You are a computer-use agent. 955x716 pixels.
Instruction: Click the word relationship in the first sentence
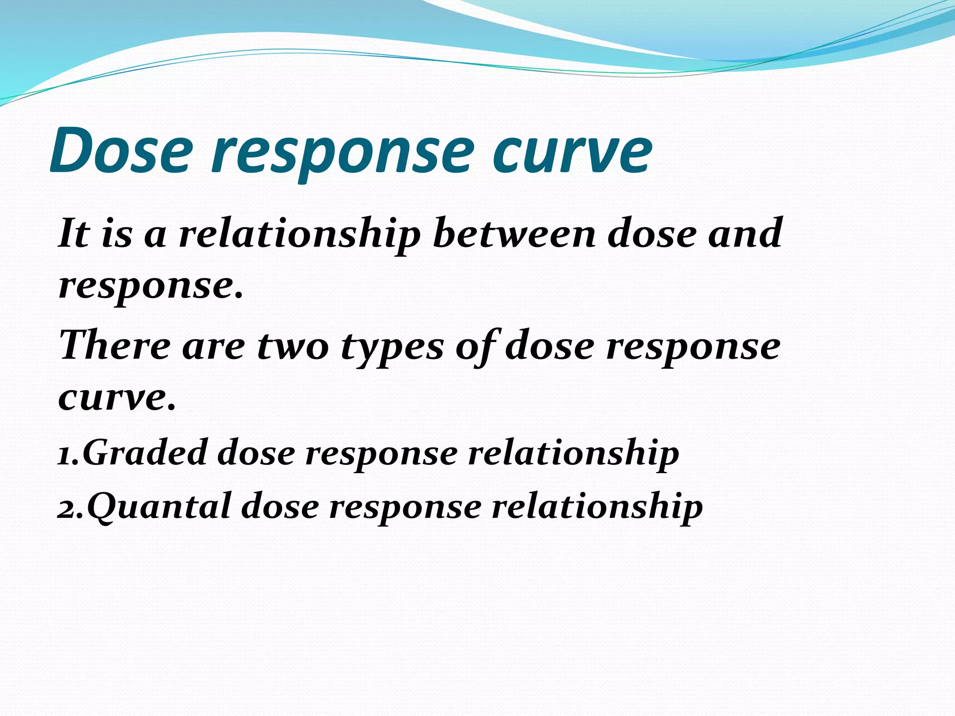click(299, 234)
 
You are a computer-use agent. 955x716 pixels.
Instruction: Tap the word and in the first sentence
click(745, 233)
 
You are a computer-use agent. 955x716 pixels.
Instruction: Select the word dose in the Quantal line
click(280, 507)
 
